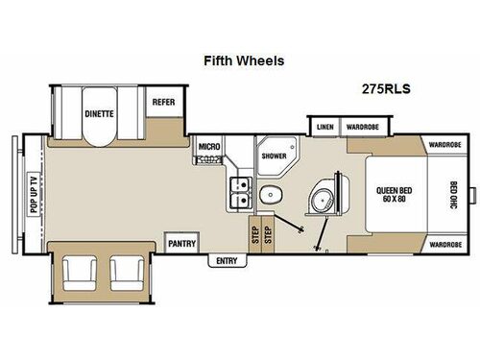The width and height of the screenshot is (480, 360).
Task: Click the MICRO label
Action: click(209, 147)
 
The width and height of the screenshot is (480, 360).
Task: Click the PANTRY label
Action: click(181, 244)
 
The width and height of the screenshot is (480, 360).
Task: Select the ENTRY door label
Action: click(227, 260)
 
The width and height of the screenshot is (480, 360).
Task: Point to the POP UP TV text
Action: click(32, 198)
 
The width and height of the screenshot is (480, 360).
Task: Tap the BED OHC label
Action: click(453, 197)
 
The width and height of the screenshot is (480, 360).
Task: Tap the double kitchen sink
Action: click(240, 192)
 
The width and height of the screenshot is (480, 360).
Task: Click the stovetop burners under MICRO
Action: click(208, 159)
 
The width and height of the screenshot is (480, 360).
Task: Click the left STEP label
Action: click(254, 235)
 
